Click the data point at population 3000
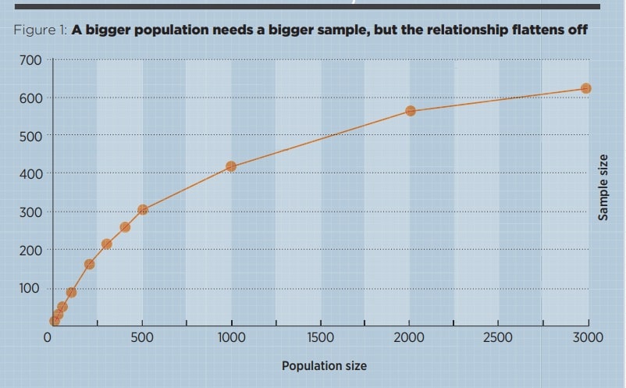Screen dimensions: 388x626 tap(586, 88)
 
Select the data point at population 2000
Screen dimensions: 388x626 tap(411, 111)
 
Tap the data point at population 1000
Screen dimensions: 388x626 tap(231, 166)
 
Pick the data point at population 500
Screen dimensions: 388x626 tap(143, 209)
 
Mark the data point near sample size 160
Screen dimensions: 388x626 tap(89, 264)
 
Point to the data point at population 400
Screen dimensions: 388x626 tap(125, 227)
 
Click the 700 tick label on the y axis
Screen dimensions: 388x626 tap(31, 60)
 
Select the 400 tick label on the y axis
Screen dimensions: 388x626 tap(31, 173)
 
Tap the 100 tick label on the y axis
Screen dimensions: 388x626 tap(31, 288)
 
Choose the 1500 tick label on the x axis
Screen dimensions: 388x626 tap(321, 338)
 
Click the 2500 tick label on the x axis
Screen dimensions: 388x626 tap(498, 338)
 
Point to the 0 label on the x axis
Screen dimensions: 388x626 tap(48, 338)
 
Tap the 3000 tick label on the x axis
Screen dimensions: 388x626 tap(588, 338)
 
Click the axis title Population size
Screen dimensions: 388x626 tap(324, 365)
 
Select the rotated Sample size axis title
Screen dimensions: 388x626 tap(603, 188)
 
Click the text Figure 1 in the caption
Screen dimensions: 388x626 tap(40, 30)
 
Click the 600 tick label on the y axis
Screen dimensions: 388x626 tap(31, 98)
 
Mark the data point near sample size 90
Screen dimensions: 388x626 tap(71, 293)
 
